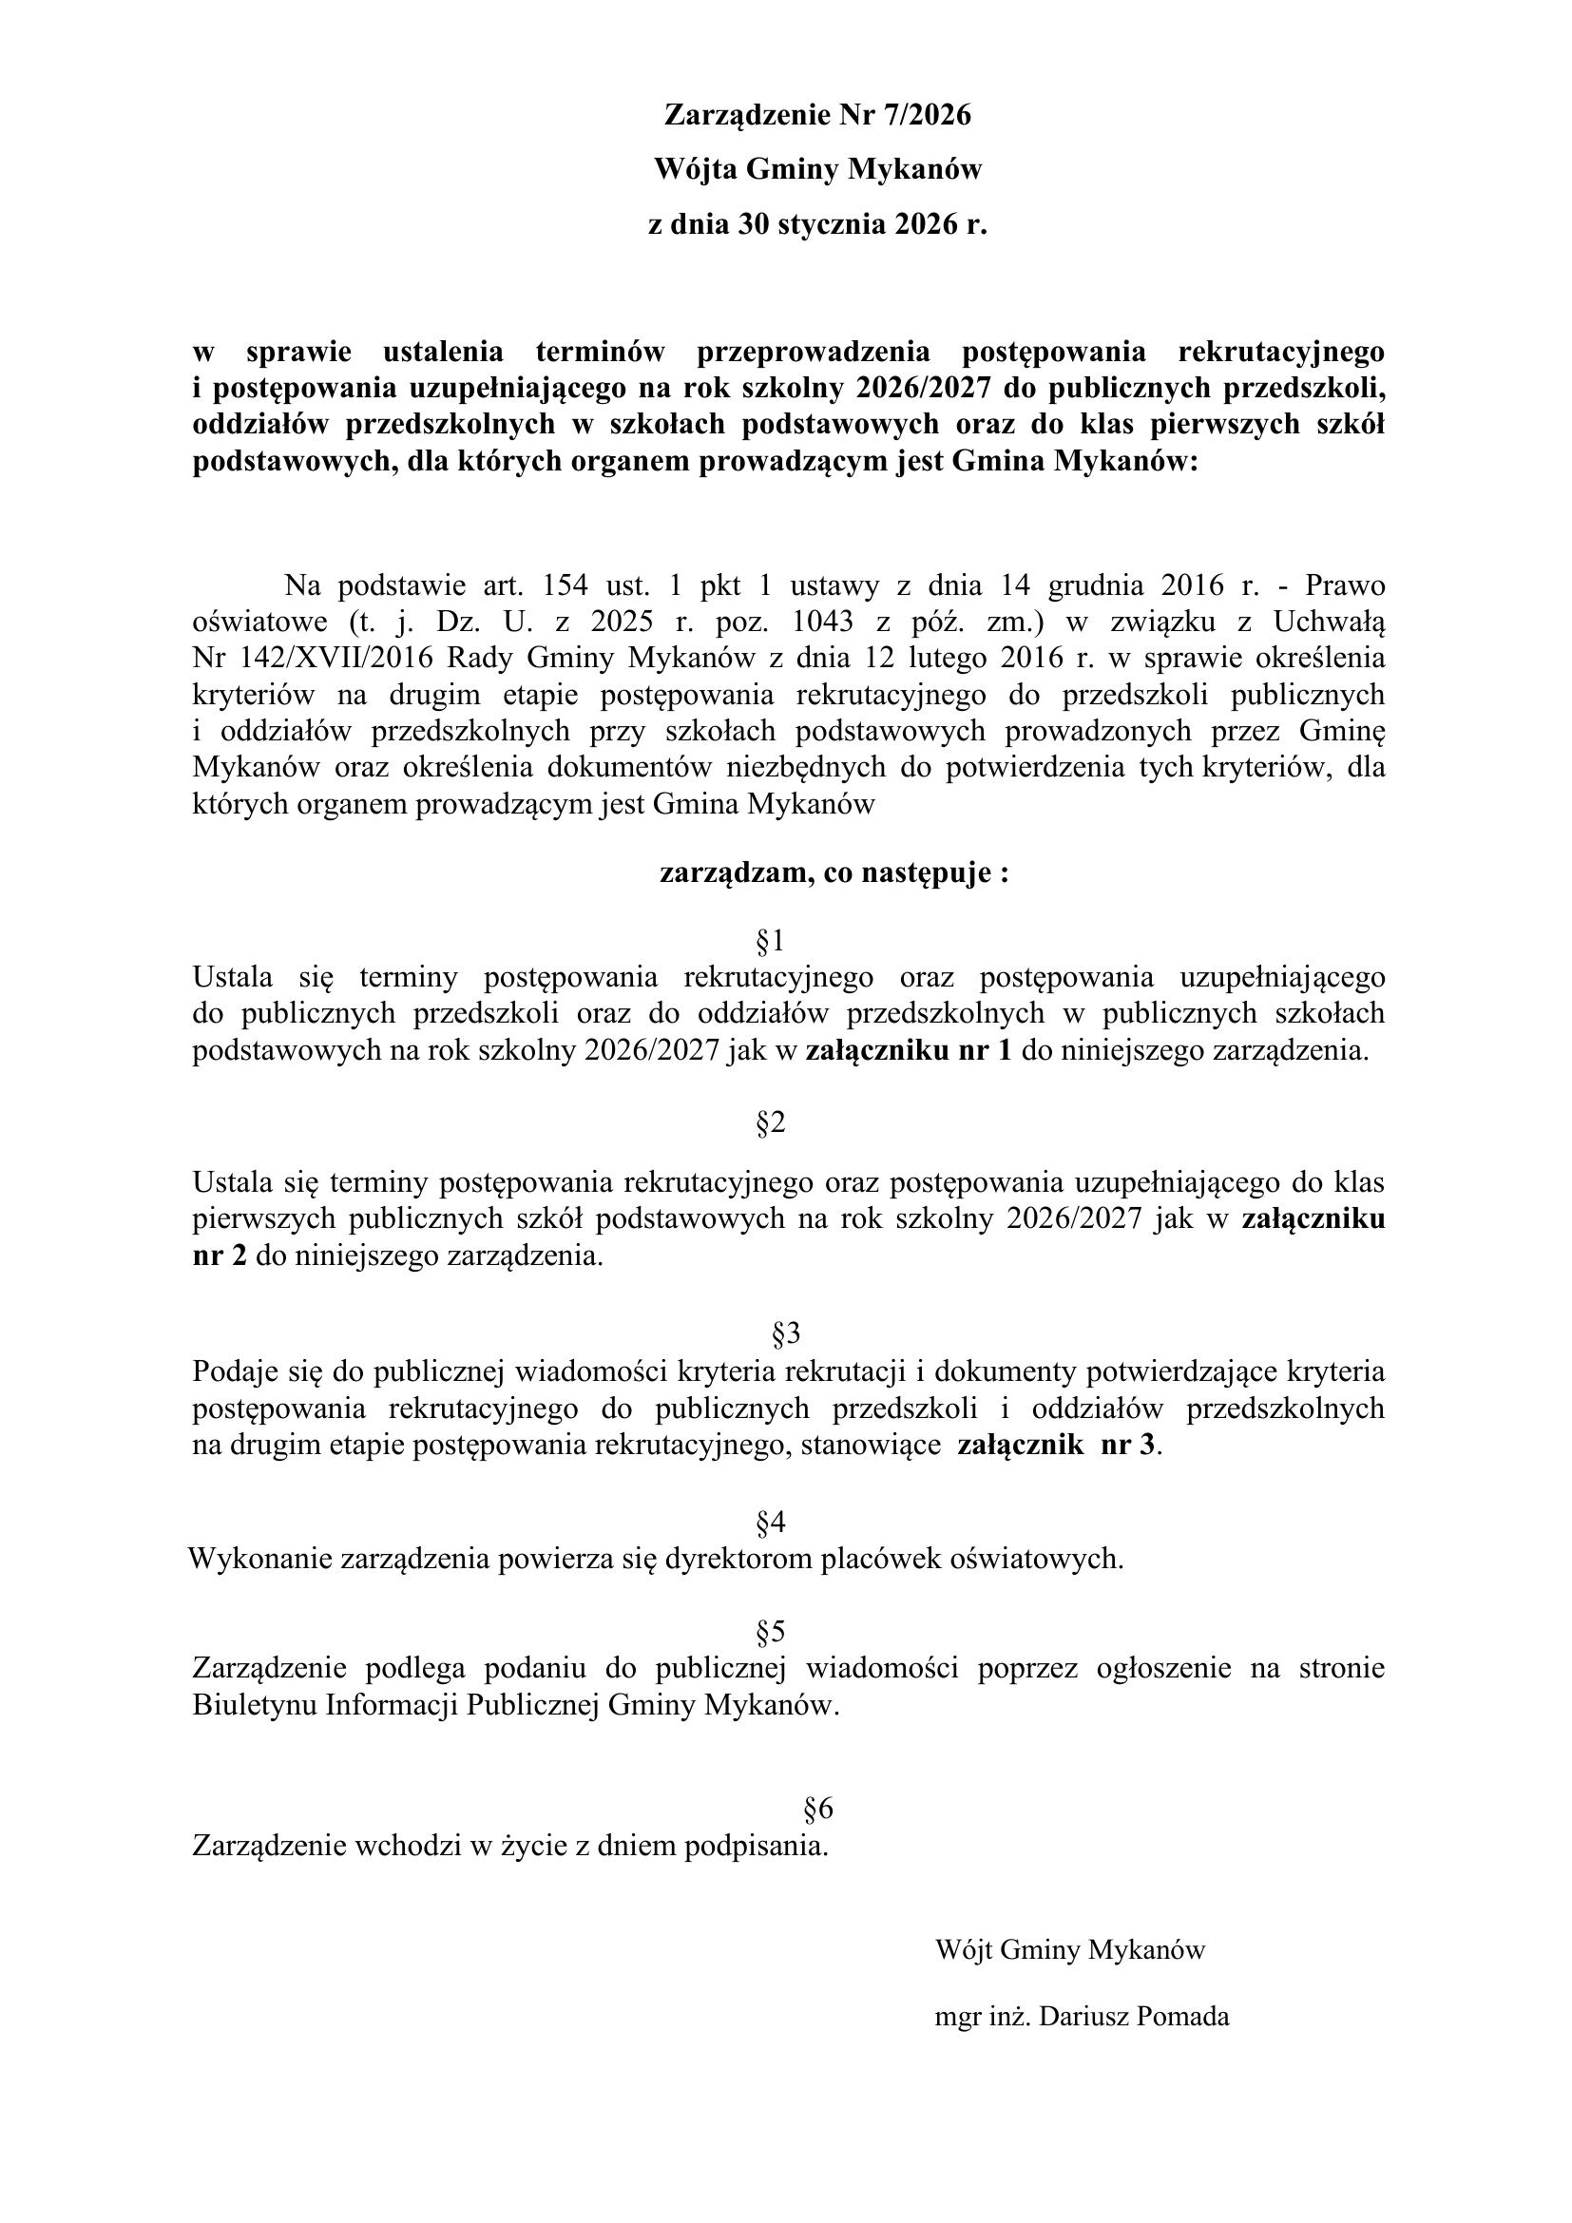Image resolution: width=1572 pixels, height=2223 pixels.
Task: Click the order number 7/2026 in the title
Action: [927, 115]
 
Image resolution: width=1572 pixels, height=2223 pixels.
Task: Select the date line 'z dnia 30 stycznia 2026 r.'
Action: [817, 224]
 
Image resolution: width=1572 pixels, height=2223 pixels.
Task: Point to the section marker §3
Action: [786, 1334]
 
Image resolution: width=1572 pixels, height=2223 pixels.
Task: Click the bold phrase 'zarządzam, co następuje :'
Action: [834, 873]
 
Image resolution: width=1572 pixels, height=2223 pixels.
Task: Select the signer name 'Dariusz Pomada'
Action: [1134, 2017]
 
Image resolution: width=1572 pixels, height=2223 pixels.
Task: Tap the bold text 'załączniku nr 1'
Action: [909, 1050]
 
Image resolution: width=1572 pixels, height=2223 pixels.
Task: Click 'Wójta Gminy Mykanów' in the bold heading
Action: [818, 169]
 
